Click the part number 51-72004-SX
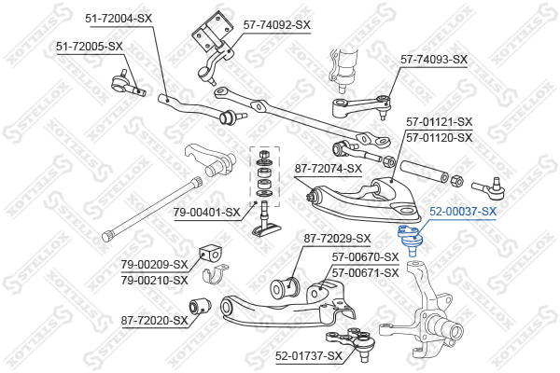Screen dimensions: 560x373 coord(119,19)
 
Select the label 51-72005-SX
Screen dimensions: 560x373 coord(90,47)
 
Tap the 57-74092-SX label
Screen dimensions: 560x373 coord(277,25)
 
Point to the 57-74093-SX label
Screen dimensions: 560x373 coord(434,60)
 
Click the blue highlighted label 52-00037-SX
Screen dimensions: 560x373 coord(463,212)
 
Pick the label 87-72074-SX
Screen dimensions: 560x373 coord(329,169)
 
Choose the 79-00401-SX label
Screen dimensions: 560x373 coord(207,213)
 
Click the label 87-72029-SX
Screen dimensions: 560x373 coord(337,238)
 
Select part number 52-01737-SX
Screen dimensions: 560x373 coord(309,356)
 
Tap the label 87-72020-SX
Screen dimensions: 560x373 coord(154,321)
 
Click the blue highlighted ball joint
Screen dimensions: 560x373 coord(411,240)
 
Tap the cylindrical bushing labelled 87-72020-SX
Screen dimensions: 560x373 coord(200,306)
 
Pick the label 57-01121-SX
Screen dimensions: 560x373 coord(439,122)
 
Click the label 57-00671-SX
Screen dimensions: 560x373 coord(365,273)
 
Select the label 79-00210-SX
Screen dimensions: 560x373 coord(154,280)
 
